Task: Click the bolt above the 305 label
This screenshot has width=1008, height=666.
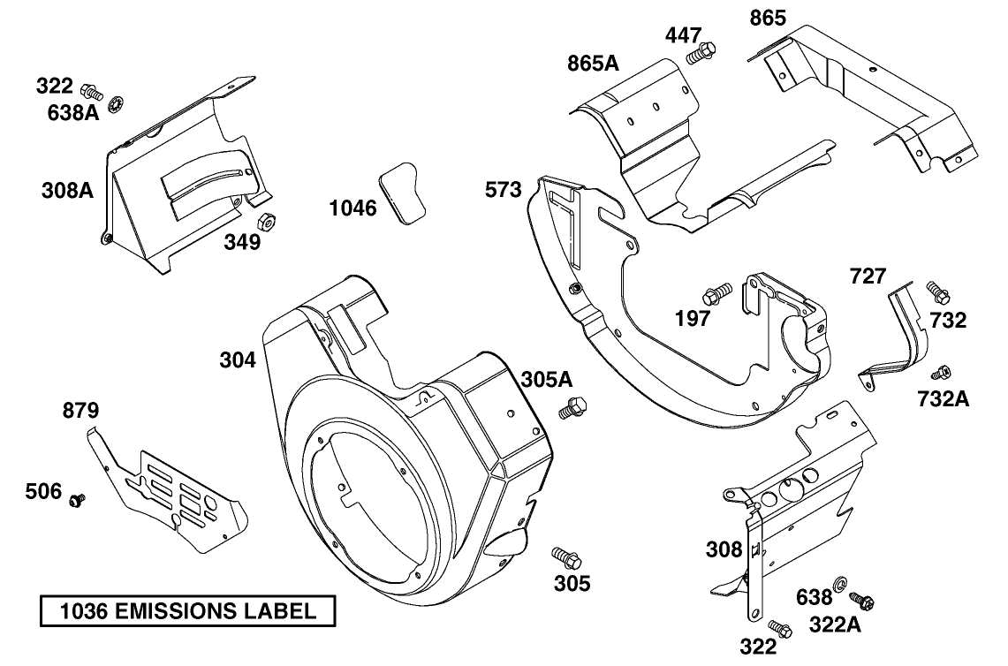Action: pos(565,557)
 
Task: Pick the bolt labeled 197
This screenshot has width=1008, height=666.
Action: pos(717,291)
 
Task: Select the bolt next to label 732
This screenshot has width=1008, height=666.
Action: pos(936,291)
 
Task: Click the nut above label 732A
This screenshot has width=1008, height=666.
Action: pos(942,373)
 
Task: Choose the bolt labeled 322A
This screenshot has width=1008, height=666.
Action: pos(862,601)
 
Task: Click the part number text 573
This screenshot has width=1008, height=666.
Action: pos(504,189)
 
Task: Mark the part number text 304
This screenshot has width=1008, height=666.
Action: pos(238,360)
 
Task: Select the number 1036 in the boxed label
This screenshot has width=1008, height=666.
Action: pos(82,611)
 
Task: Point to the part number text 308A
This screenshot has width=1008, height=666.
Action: pos(67,190)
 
